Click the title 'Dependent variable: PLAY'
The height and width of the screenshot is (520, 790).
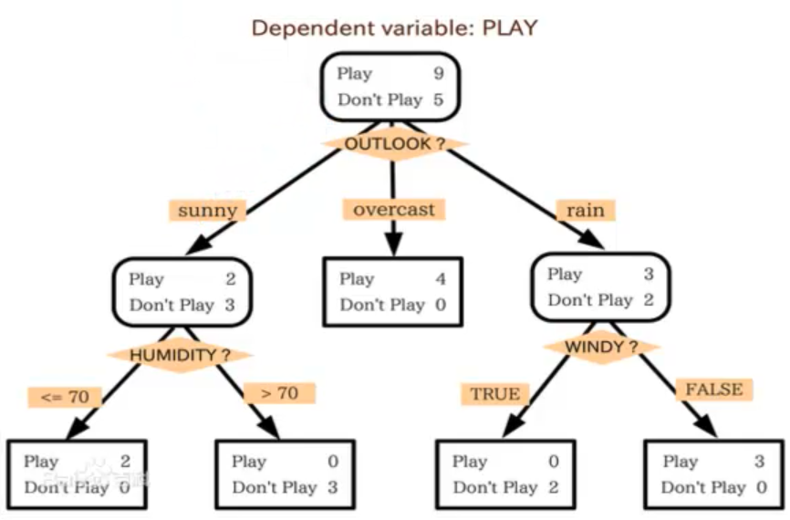click(394, 27)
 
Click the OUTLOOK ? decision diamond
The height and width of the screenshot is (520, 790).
click(394, 144)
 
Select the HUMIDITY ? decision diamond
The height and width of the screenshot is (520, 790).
click(180, 355)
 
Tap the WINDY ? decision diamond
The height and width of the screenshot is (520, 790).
click(601, 347)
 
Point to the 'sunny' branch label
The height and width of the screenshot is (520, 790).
click(208, 210)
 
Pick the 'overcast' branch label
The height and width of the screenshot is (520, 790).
click(394, 209)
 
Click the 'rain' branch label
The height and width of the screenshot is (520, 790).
click(585, 210)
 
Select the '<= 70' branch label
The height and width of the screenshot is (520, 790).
click(65, 397)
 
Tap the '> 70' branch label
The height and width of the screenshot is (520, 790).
click(280, 393)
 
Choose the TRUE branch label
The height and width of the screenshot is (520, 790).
click(495, 394)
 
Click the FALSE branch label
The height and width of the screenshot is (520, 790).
click(714, 390)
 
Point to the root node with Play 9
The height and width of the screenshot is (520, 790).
click(390, 87)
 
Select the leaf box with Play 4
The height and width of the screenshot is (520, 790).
click(393, 292)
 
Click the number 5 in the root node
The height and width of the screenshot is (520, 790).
click(438, 99)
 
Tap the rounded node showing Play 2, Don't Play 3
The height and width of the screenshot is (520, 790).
click(182, 292)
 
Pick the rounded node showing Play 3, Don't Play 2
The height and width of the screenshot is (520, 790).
click(600, 287)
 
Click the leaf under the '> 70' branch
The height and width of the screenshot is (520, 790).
click(286, 474)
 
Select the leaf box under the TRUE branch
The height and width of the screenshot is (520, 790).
click(506, 474)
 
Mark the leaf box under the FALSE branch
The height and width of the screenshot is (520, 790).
click(714, 474)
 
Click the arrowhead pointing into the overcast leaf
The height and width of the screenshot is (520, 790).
click(393, 245)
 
